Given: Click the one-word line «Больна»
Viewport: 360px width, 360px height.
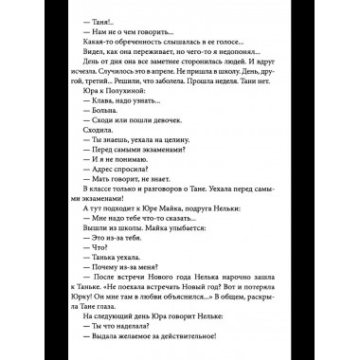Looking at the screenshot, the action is pyautogui.click(x=108, y=136).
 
